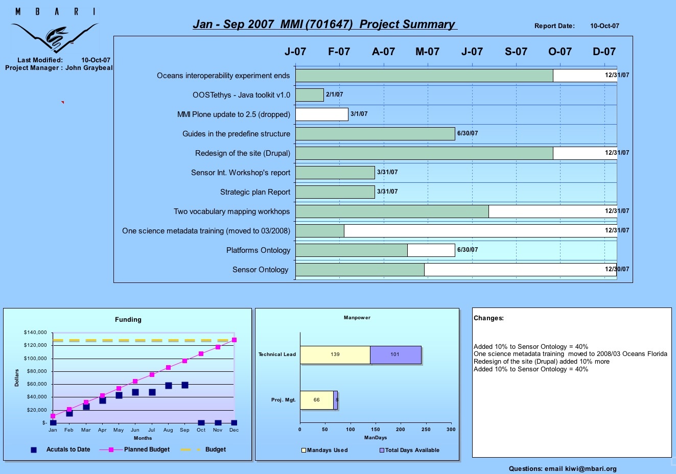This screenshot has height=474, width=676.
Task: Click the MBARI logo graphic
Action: point(55,31)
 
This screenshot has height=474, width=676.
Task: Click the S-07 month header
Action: point(516,52)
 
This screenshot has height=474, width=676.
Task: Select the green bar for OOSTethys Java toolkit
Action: point(310,95)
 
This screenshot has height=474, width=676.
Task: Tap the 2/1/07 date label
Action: point(334,94)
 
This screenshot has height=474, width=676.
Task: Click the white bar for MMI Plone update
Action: point(322,114)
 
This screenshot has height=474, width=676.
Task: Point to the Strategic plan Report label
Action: point(255,192)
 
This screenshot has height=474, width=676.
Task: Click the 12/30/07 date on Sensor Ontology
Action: point(617,269)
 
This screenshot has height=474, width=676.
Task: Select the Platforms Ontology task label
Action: point(258,250)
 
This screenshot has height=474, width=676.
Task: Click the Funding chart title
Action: point(128,320)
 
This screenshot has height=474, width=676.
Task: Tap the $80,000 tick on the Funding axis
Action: point(37,371)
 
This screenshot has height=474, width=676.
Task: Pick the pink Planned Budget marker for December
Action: point(234,340)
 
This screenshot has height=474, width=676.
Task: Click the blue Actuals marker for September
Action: point(185,385)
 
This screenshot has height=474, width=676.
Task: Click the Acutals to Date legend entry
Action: point(60,449)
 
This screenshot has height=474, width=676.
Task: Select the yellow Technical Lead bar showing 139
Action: point(335,355)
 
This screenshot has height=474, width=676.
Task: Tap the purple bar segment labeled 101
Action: point(395,355)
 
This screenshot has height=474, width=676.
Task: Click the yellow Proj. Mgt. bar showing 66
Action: point(317,400)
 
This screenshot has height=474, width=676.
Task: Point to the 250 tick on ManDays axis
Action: point(426,430)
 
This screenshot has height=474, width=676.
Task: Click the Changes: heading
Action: point(488,318)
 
